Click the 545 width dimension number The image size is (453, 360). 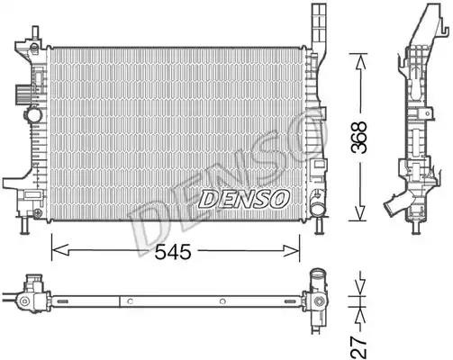[173, 251]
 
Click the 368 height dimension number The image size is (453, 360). [359, 138]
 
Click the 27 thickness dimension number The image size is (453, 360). [359, 346]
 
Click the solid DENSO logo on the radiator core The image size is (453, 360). [244, 199]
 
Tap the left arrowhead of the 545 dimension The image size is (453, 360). [60, 250]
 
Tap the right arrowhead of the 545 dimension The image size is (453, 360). [291, 250]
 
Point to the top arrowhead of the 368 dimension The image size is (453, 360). [360, 61]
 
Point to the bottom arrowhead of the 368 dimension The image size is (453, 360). [360, 213]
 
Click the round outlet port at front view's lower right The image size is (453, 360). [317, 209]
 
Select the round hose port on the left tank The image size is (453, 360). [33, 114]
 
